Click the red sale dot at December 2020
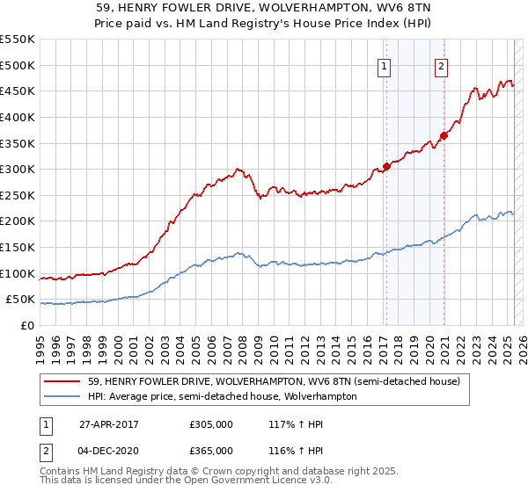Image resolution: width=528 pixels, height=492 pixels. pyautogui.click(x=444, y=135)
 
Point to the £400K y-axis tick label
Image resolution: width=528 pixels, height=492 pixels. pyautogui.click(x=18, y=117)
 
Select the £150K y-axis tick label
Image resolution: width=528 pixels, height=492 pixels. pyautogui.click(x=18, y=248)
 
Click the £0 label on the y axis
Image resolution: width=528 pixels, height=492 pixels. pyautogui.click(x=27, y=326)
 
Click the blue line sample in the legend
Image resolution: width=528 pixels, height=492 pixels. pyautogui.click(x=63, y=396)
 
